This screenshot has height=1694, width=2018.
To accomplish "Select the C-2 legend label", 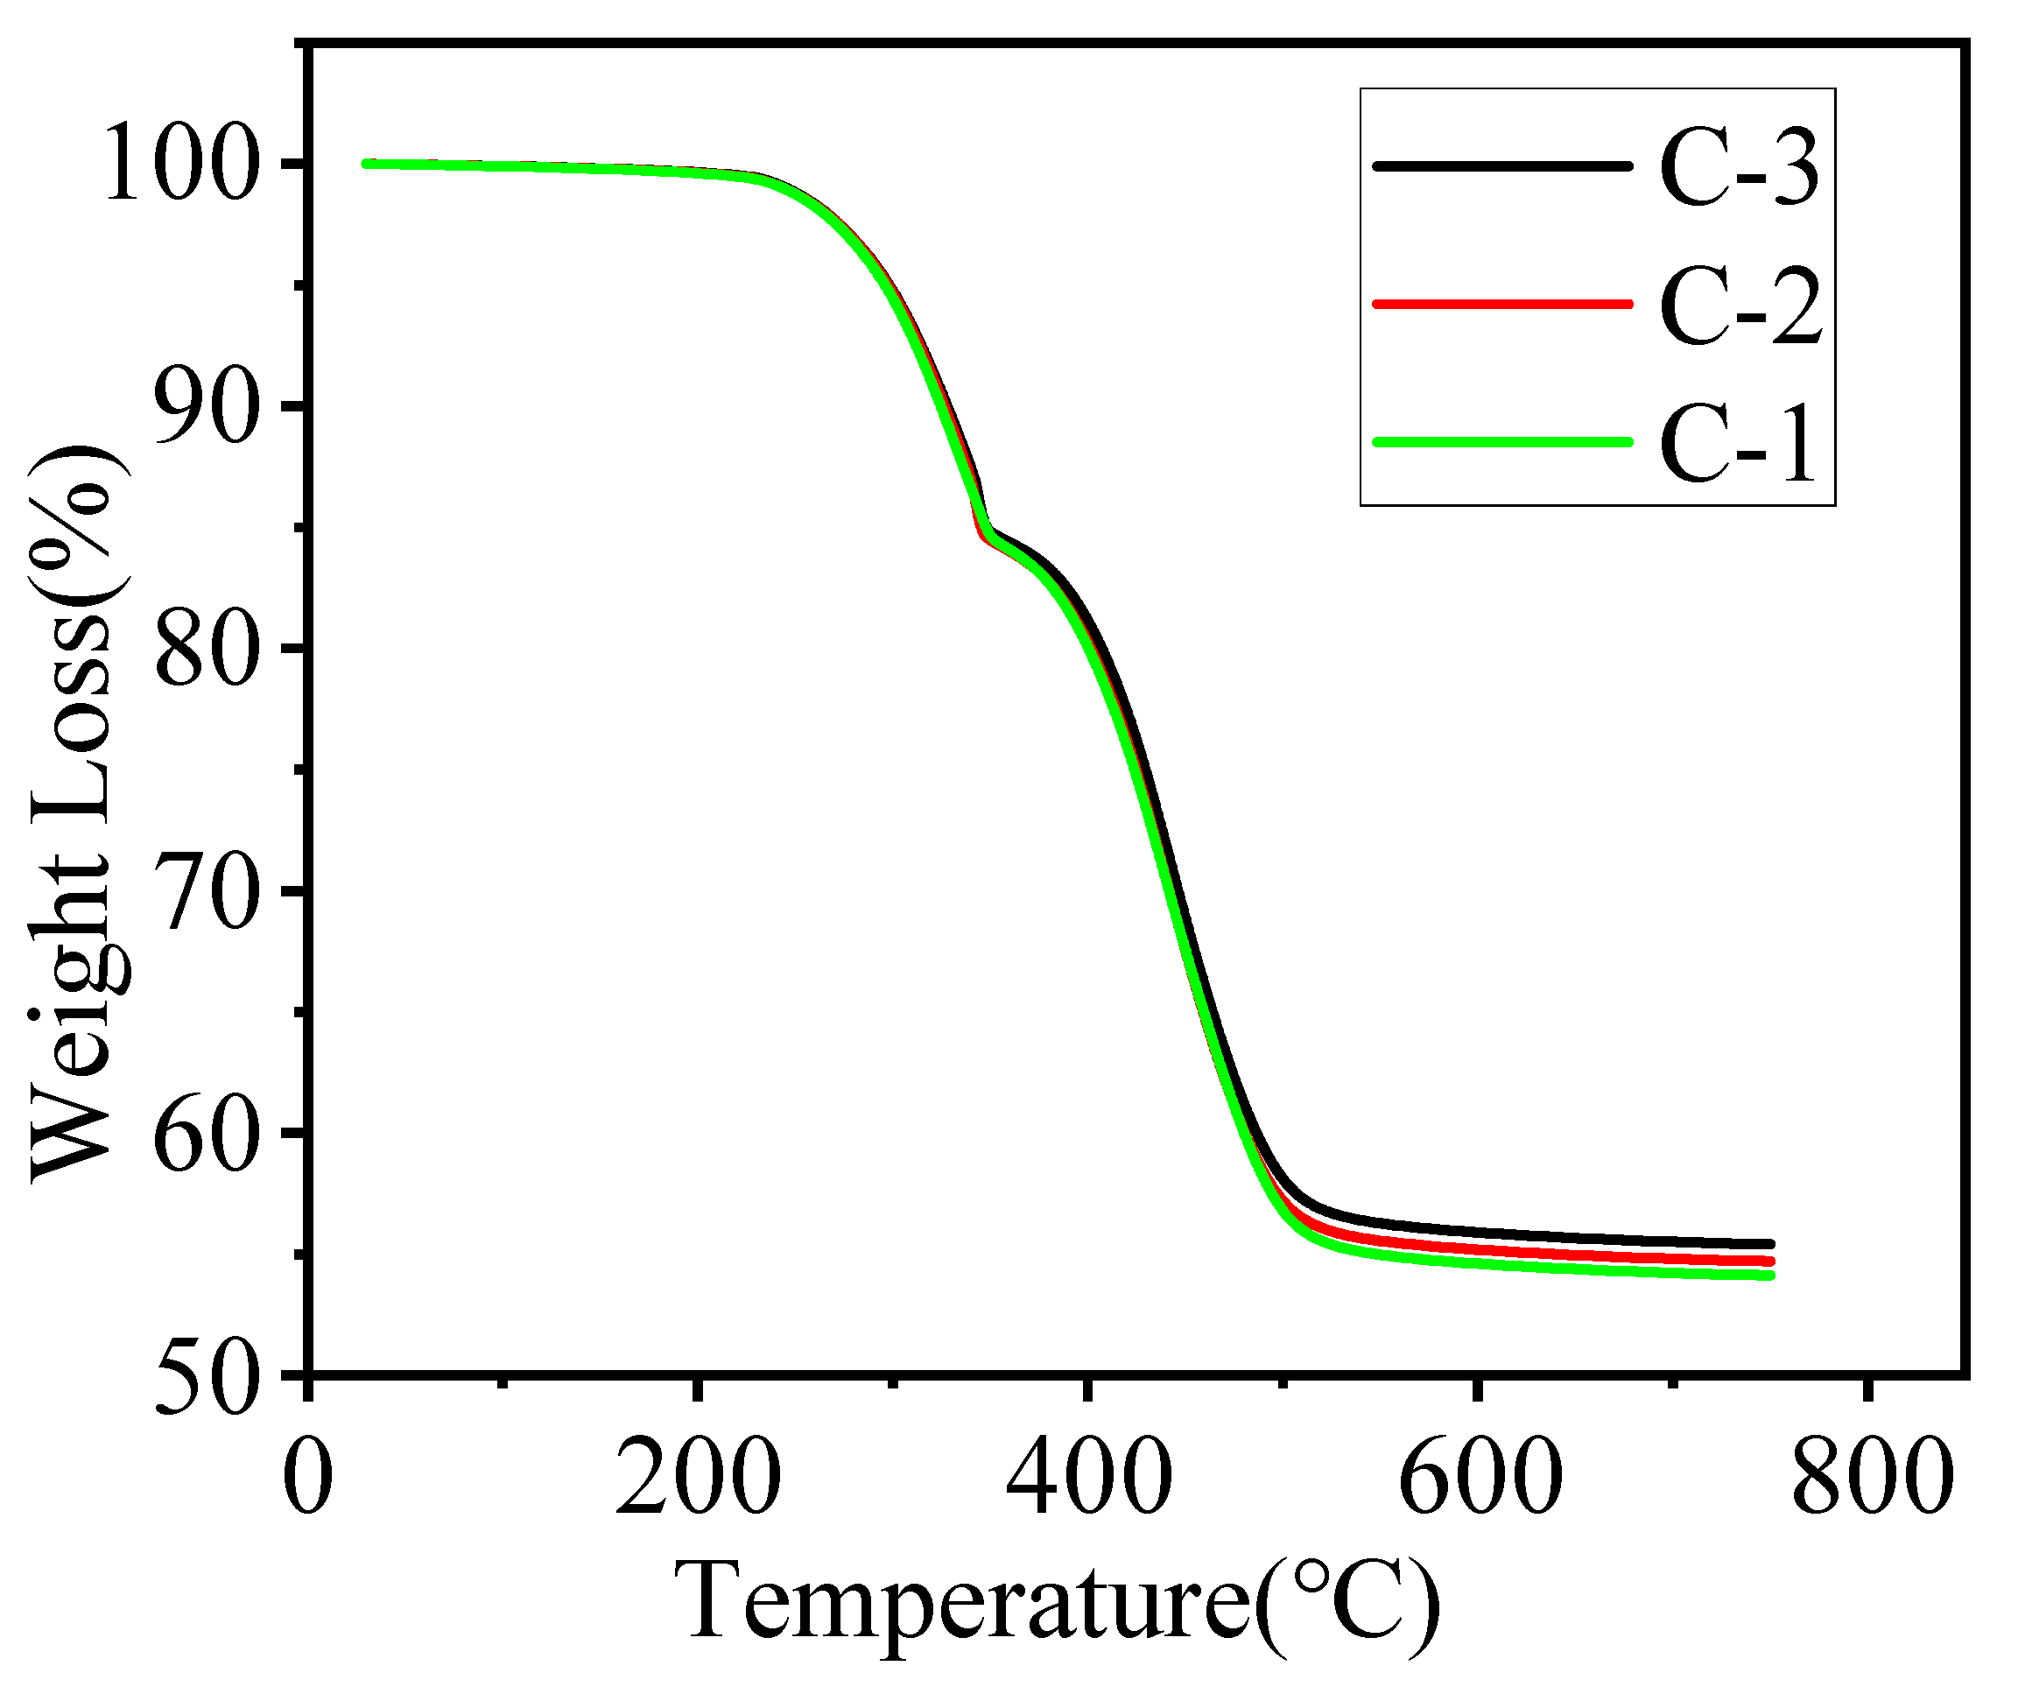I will coord(1740,308).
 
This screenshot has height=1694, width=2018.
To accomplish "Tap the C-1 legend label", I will coord(1739,445).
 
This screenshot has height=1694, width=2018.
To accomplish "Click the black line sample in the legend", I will coord(1503,166).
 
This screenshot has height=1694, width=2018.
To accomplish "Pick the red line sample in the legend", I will coord(1503,305).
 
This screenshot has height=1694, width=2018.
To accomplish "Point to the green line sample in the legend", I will coord(1503,442).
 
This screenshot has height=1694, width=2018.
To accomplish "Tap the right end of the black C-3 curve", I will coord(1770,1243).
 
